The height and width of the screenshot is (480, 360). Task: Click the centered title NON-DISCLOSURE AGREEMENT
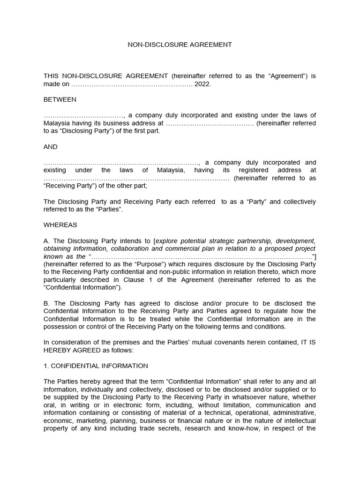pos(180,45)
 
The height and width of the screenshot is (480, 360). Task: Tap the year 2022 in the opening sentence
pos(203,84)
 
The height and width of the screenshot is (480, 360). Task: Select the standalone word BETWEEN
pos(60,99)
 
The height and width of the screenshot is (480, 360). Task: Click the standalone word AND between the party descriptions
pos(51,147)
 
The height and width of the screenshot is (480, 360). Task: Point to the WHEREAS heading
pos(60,225)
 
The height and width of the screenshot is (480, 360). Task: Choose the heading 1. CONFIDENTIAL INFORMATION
pos(96,366)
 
